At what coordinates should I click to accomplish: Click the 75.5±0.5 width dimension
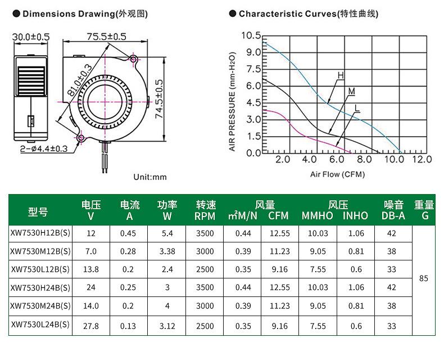click(x=106, y=37)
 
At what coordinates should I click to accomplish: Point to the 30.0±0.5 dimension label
click(x=31, y=37)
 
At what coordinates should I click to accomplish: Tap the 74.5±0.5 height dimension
click(x=159, y=99)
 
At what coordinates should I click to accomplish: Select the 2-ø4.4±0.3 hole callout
click(x=44, y=148)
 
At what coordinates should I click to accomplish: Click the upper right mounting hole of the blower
click(x=133, y=59)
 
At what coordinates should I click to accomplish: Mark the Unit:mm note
click(x=150, y=177)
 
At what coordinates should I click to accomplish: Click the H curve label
click(x=341, y=75)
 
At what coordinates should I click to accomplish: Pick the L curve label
click(x=357, y=107)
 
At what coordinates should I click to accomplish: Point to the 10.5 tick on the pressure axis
click(x=251, y=35)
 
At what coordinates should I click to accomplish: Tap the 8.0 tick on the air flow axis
click(x=364, y=159)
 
